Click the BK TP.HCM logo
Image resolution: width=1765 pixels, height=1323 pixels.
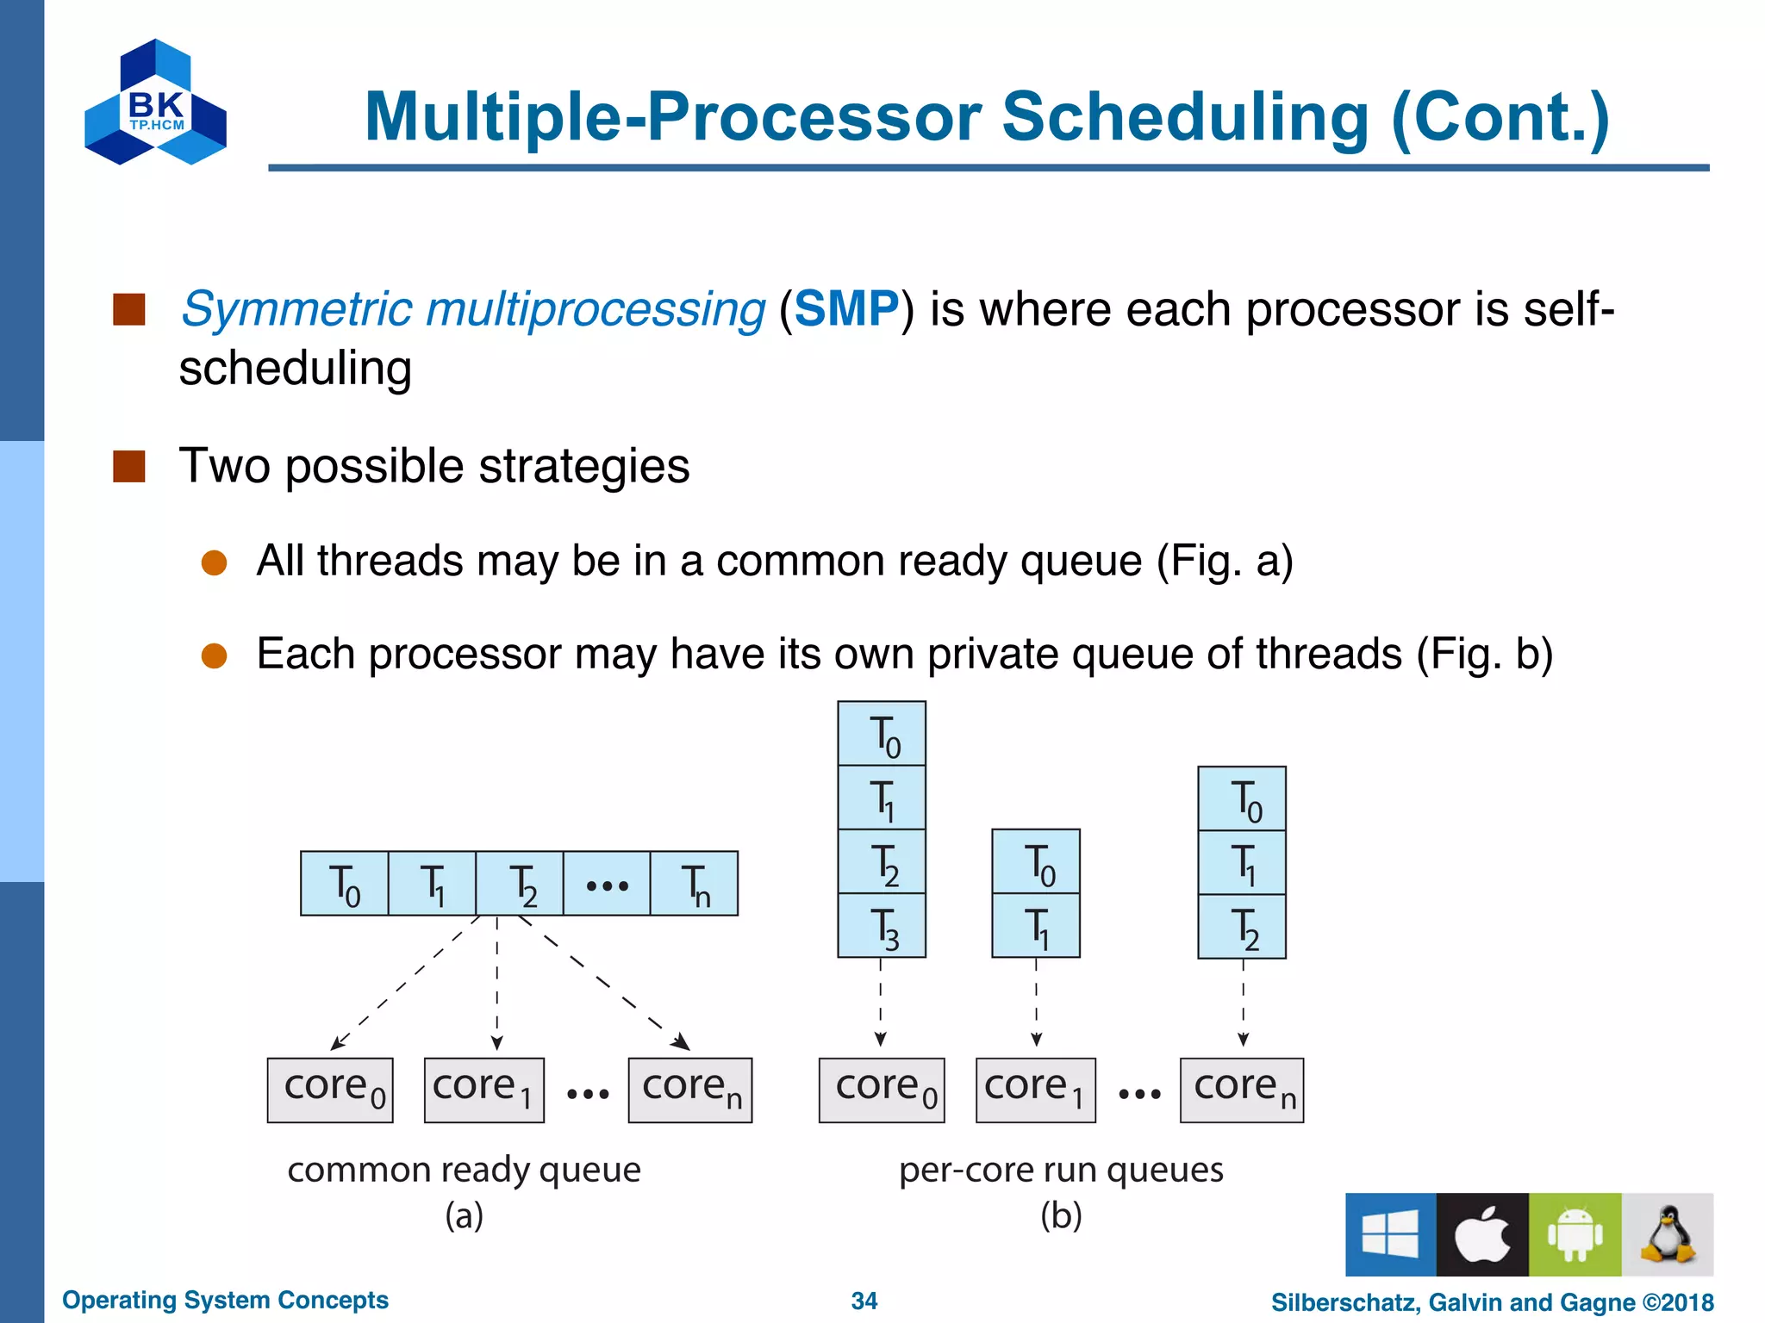[155, 103]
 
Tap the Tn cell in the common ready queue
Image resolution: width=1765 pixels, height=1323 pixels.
[694, 884]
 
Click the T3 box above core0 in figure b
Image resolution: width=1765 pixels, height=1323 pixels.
[882, 926]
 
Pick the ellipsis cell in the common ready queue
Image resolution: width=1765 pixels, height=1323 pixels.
[606, 884]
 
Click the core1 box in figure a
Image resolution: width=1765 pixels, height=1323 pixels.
[483, 1090]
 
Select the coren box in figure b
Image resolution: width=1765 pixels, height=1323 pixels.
[1241, 1090]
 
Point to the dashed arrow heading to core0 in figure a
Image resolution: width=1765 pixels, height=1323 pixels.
[405, 982]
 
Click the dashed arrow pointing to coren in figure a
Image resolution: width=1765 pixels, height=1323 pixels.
[603, 982]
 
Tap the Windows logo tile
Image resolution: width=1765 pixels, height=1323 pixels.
[1390, 1234]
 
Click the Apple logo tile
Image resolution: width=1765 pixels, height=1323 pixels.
[1482, 1234]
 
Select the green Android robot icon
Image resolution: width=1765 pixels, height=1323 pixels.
[1575, 1234]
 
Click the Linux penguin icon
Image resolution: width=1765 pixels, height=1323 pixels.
[1668, 1234]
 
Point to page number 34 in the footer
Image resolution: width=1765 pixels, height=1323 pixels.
[864, 1301]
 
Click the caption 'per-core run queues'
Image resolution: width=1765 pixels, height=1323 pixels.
[1061, 1170]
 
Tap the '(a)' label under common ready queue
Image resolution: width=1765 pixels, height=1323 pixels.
[464, 1215]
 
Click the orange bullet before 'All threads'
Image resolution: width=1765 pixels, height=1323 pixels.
[214, 562]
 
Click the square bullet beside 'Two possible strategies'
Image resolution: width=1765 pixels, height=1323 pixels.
[129, 466]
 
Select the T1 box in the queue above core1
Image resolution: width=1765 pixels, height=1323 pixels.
[1036, 926]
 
